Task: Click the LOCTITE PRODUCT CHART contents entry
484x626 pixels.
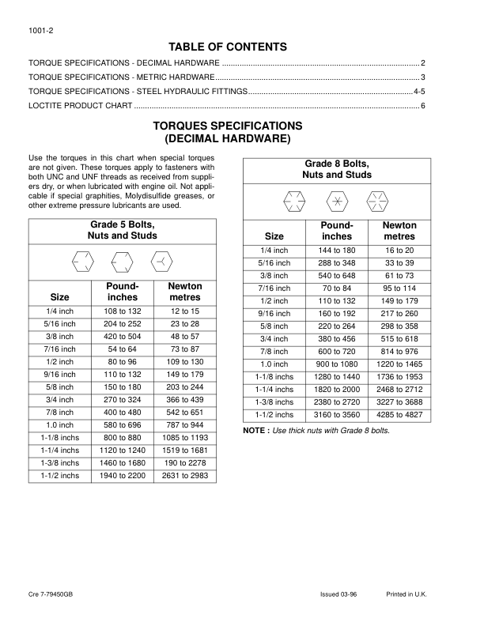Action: pos(80,105)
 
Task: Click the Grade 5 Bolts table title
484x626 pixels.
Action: pos(122,230)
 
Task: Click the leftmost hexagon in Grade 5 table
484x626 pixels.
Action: pos(82,260)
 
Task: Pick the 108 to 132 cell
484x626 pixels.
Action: pos(122,311)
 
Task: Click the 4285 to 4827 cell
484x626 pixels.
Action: pos(399,415)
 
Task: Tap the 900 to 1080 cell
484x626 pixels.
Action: pos(337,364)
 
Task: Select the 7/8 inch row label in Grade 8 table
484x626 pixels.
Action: pos(274,351)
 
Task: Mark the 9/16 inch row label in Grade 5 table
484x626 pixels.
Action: pos(59,375)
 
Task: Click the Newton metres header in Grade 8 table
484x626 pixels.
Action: pos(399,231)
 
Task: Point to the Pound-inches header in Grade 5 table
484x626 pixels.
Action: pos(122,292)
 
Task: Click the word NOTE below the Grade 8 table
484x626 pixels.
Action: pos(255,431)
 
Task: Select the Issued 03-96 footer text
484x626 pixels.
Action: pos(338,594)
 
